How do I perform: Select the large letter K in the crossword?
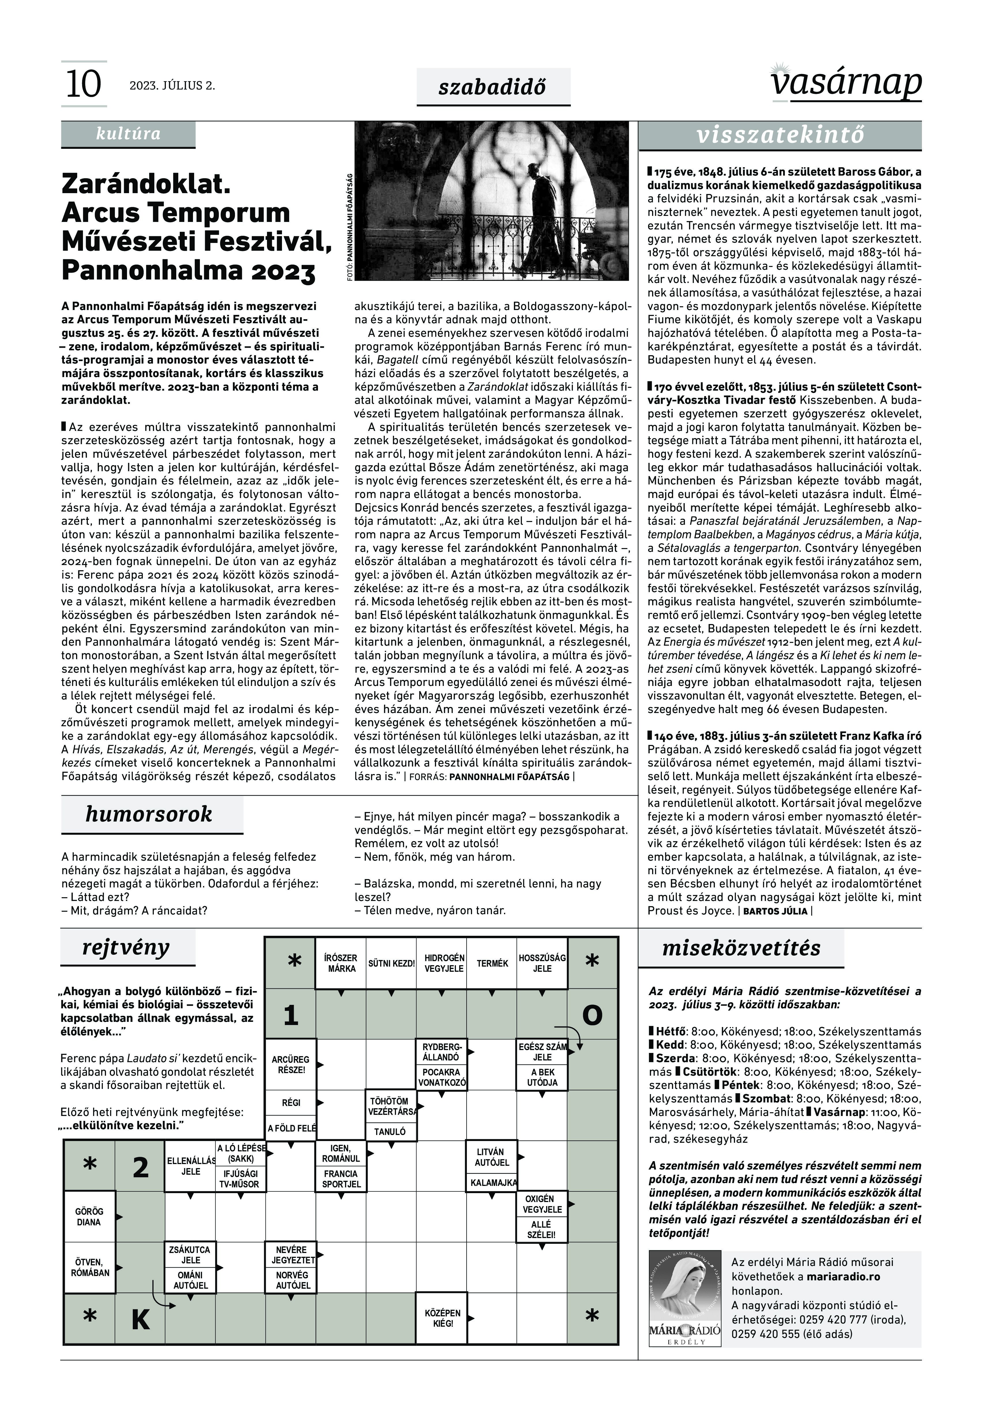[x=141, y=1319]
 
